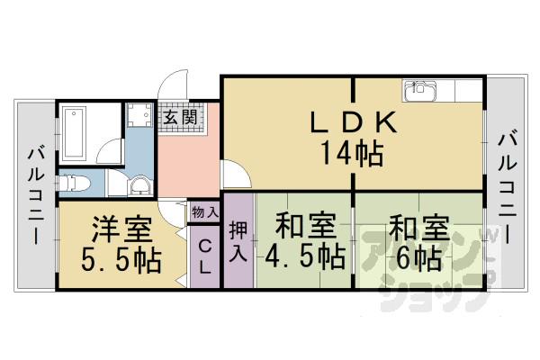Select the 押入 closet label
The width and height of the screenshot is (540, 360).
pos(238,239)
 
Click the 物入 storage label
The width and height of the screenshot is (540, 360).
pos(204,212)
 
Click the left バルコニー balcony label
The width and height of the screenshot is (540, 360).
pos(36,193)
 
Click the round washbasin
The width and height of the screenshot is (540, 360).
pos(139,186)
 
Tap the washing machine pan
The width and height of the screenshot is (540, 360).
pos(139,118)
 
